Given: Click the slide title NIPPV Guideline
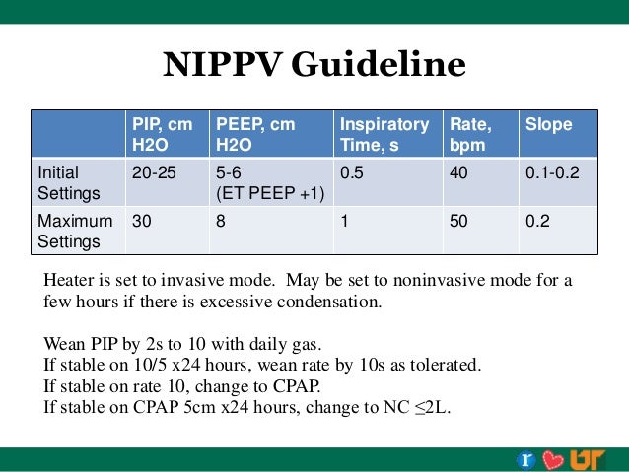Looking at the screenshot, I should pyautogui.click(x=314, y=65).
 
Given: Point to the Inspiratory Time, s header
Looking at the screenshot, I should pyautogui.click(x=384, y=135).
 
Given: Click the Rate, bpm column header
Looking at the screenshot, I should pyautogui.click(x=470, y=135).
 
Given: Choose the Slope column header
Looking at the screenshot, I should pyautogui.click(x=548, y=125).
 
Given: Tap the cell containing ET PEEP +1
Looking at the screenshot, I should pyautogui.click(x=269, y=191).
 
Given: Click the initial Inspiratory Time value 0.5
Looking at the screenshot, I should pyautogui.click(x=351, y=172).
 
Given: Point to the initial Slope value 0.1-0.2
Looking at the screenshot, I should pyautogui.click(x=552, y=172).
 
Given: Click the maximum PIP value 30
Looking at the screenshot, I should pyautogui.click(x=142, y=222).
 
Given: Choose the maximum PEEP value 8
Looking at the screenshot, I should pyautogui.click(x=221, y=222).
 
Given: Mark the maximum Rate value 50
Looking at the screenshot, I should pyautogui.click(x=458, y=222).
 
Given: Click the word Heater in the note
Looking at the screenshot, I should pyautogui.click(x=71, y=280).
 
